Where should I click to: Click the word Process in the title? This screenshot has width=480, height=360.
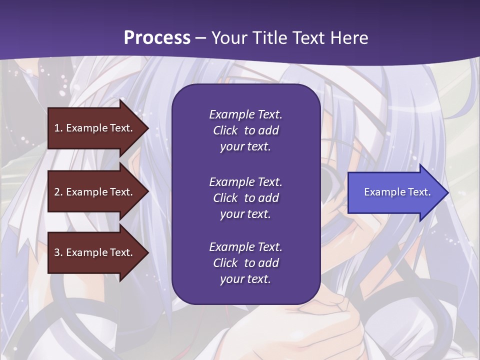157,38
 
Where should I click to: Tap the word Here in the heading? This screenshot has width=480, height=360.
348,38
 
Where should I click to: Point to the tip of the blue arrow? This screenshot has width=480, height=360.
447,192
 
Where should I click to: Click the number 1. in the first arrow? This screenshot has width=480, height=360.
58,128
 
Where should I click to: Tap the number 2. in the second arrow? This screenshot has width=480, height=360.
58,192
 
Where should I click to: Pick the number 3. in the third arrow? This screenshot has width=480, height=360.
58,252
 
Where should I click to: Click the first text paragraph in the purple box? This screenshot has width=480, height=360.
245,130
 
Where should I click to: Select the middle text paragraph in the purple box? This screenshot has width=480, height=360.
245,197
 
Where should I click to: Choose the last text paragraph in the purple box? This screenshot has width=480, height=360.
245,263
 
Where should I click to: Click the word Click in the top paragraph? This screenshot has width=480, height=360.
225,130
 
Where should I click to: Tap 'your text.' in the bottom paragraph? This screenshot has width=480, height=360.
245,279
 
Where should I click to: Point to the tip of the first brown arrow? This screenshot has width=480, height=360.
147,128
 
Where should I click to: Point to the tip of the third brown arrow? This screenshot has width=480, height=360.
147,252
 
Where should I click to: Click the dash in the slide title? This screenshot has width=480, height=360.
201,38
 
